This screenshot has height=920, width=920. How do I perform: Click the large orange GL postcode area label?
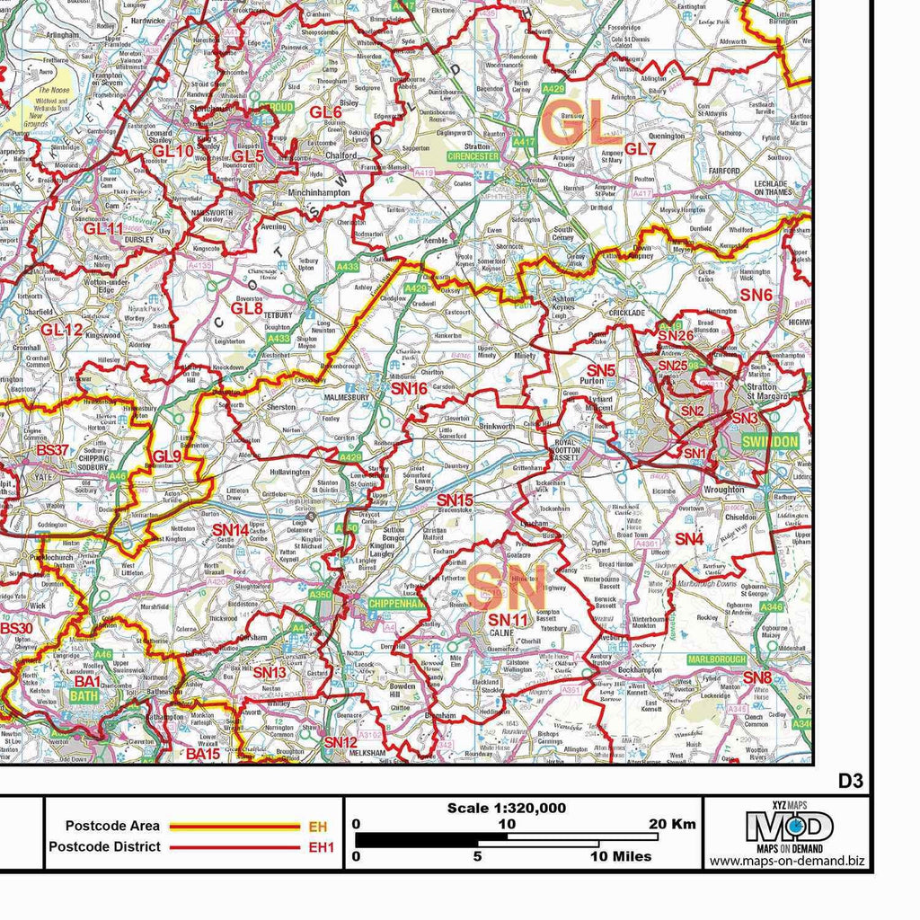tap(583, 125)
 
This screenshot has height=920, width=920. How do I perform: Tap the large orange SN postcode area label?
tap(506, 588)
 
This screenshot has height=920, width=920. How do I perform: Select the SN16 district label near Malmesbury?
tap(409, 388)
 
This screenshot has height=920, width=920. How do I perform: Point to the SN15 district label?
tap(455, 500)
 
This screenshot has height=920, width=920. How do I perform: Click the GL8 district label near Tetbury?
tap(246, 308)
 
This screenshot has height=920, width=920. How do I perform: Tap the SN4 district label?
tap(688, 539)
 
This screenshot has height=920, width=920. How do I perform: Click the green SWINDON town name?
tap(770, 442)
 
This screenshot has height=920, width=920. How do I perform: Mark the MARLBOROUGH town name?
tap(717, 659)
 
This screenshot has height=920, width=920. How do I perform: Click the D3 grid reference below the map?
tap(850, 781)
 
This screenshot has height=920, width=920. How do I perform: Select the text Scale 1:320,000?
tap(507, 808)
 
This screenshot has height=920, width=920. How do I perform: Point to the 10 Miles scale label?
tap(621, 856)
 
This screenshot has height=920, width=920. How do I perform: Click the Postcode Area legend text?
tap(112, 826)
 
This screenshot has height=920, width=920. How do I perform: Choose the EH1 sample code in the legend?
tap(321, 846)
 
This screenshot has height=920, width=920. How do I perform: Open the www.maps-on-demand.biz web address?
tap(787, 861)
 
